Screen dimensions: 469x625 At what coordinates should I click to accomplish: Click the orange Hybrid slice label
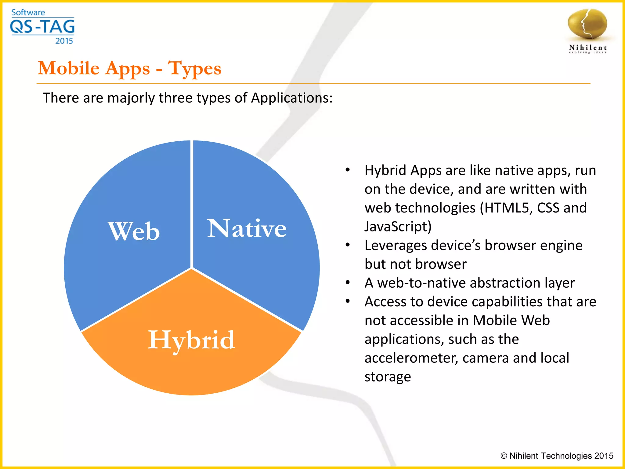pos(191,340)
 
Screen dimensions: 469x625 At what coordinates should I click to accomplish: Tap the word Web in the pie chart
pos(134,231)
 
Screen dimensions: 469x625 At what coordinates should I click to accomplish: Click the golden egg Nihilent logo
pos(587,24)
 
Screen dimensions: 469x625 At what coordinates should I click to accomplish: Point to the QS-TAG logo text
pos(42,27)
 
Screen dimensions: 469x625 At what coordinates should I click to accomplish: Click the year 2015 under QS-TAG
pos(64,41)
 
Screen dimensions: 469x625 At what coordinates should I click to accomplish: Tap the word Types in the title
pos(195,68)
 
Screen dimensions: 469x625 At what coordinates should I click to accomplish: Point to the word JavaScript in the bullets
pos(396,227)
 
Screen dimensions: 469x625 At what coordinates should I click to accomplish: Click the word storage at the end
pos(388,377)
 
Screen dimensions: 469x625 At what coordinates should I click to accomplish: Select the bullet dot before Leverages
pos(348,245)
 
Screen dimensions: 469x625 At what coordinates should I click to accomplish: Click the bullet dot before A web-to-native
pos(348,282)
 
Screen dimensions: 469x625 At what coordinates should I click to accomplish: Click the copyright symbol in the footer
pos(504,456)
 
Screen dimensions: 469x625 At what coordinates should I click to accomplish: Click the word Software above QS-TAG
pos(28,13)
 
